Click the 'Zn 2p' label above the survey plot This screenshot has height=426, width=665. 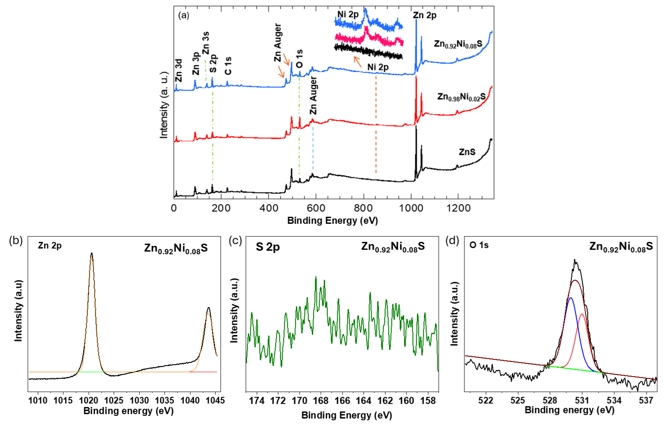[424, 15]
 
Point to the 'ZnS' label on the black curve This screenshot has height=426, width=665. [467, 152]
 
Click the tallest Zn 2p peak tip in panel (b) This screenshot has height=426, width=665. [92, 253]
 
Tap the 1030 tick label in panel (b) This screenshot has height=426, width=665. [139, 400]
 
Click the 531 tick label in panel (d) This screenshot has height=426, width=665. [582, 400]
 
